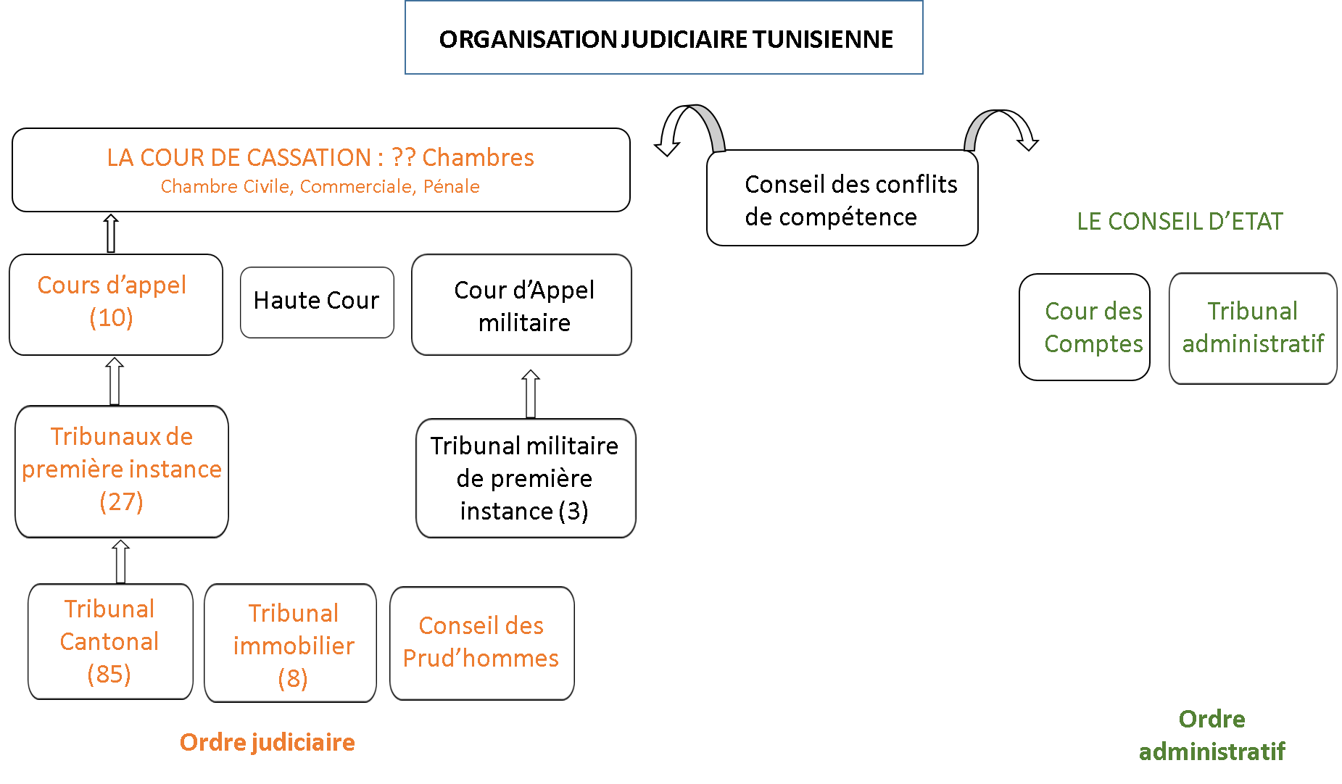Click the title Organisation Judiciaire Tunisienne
(666, 39)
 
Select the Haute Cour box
(317, 302)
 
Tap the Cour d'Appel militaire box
(521, 305)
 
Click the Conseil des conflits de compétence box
(842, 198)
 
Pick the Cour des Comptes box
(1085, 327)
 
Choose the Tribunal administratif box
(1253, 328)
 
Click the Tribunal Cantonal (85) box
(110, 641)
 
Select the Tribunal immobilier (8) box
(290, 643)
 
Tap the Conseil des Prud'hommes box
(482, 643)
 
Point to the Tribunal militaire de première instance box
(526, 478)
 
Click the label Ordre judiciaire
(268, 742)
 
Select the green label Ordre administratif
(1212, 735)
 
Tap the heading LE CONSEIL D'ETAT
(1180, 221)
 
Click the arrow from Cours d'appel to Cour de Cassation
(111, 233)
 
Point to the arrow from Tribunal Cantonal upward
(121, 561)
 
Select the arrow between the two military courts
(531, 393)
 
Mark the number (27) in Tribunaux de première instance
(121, 501)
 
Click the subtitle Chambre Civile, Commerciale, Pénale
(320, 187)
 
